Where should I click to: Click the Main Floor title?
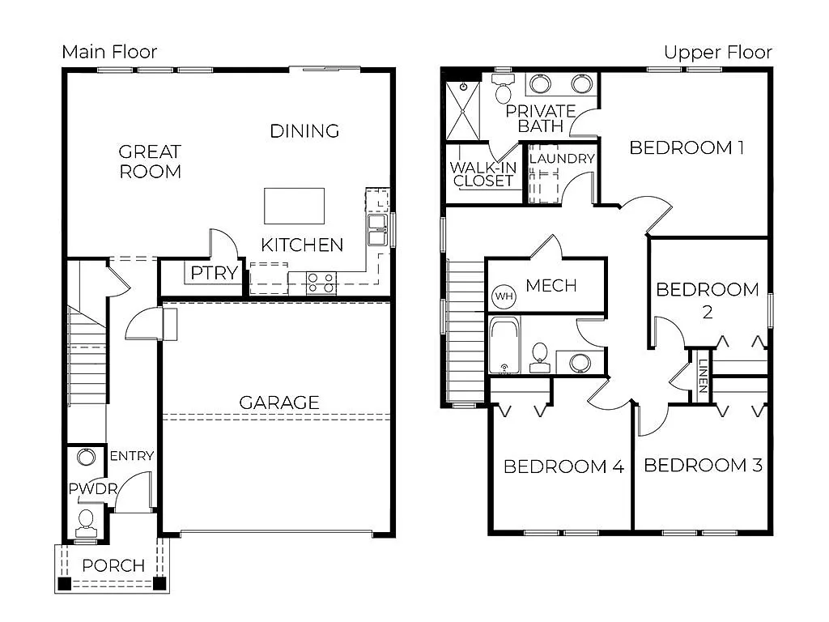point(109,53)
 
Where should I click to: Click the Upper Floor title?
point(717,53)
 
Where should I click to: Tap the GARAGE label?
point(278,403)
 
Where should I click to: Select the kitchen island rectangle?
point(294,206)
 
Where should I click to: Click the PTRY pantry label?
point(215,273)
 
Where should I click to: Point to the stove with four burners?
point(321,282)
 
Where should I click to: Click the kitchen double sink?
point(377,229)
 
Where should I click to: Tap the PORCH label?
point(113,565)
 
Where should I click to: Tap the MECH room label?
point(551,285)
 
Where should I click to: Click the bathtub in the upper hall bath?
point(506,346)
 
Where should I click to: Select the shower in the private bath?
point(463,110)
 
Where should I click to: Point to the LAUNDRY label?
point(562,159)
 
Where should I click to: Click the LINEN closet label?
point(702,375)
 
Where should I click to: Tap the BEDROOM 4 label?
point(563,466)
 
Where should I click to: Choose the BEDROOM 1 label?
point(687,147)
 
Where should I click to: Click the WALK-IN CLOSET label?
point(483,174)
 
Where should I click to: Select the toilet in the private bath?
point(503,91)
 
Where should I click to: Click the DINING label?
point(304,130)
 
